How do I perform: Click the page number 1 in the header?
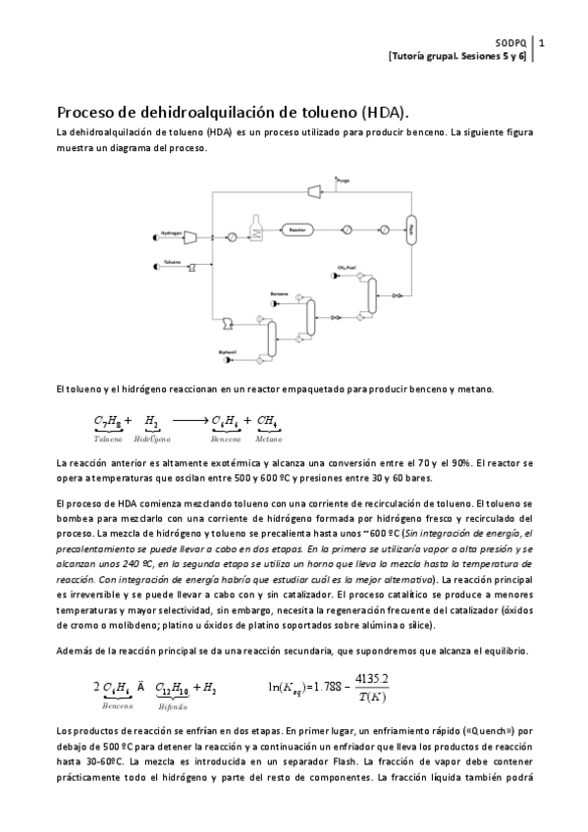543,43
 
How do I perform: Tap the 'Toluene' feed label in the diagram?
173,261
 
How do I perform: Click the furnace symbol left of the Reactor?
258,228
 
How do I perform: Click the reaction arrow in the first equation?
187,422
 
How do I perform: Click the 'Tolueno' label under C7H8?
109,439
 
